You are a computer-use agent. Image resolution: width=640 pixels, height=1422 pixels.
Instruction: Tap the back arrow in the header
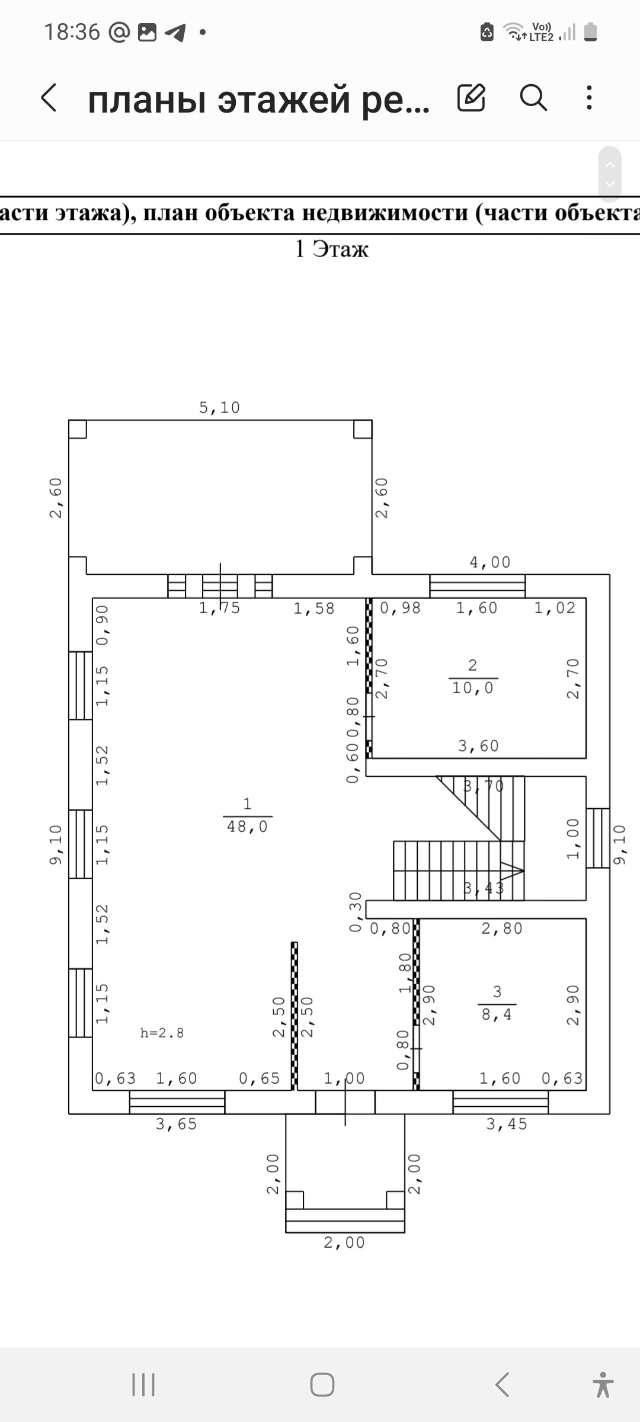49,98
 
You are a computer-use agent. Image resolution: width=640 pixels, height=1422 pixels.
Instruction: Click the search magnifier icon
533,97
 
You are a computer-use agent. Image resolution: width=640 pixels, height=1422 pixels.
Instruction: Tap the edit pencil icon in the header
471,98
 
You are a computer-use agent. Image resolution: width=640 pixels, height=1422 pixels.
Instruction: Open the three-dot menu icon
588,97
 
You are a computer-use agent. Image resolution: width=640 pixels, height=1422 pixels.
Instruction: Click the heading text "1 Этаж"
331,249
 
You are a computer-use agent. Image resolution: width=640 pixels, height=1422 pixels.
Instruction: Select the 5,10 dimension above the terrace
219,408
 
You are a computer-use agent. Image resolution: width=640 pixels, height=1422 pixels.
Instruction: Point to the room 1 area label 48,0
247,827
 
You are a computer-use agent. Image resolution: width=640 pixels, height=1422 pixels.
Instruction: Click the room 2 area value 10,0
472,688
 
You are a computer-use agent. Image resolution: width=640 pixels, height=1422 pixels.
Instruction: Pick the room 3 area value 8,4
497,1014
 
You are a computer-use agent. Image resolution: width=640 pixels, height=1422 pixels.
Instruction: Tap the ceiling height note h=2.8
162,1033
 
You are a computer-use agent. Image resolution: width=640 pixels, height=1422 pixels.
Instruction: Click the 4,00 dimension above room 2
489,562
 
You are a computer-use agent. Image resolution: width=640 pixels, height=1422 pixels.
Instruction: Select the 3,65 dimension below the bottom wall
176,1124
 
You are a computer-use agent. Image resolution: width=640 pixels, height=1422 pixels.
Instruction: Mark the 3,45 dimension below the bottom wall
507,1124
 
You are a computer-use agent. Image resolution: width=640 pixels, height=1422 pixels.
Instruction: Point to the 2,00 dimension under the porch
344,1242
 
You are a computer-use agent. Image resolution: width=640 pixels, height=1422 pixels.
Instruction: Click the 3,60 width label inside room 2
478,746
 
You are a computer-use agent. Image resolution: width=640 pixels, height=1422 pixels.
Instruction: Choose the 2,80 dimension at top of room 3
502,928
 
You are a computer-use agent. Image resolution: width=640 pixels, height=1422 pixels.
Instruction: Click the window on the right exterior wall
598,838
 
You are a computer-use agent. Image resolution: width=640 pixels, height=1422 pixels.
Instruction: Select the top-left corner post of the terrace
78,429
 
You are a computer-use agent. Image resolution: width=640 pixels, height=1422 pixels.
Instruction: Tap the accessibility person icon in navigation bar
603,1385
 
